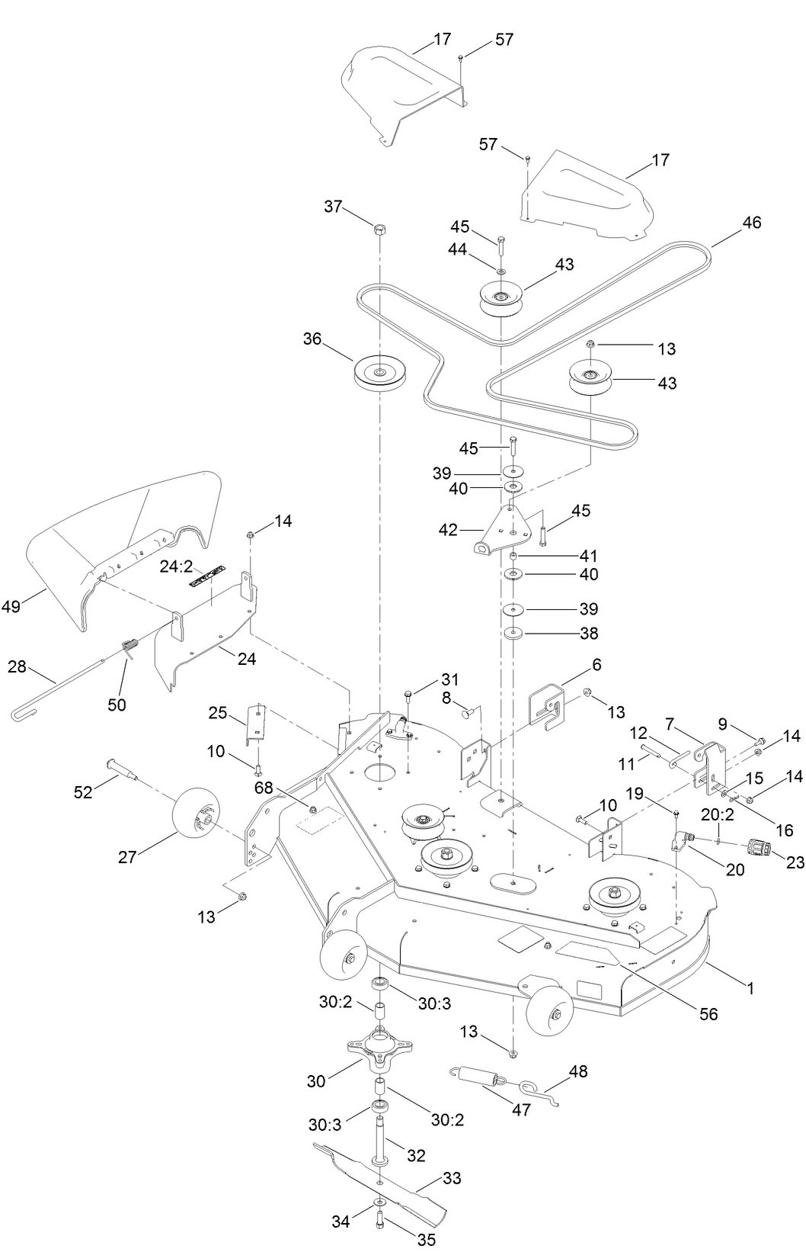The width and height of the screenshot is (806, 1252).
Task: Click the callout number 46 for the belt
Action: (751, 223)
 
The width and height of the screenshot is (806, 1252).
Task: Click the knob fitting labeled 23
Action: (759, 847)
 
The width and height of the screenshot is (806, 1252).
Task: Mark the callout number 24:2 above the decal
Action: (174, 567)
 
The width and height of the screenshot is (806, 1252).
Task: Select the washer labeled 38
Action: (513, 633)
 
